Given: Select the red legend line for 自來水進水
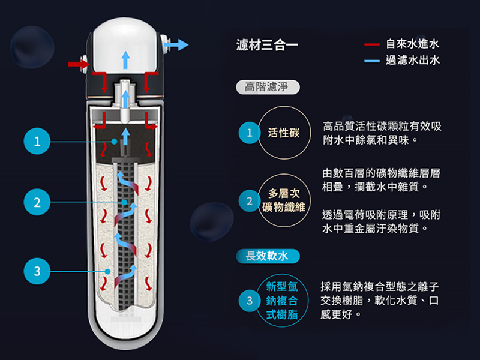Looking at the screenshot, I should coord(372,44).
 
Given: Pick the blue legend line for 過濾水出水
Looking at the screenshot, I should coord(372,60).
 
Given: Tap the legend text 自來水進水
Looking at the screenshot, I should coord(413,44).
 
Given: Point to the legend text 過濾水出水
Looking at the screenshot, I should coord(413,60).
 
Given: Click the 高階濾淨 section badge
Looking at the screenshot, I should coord(267,88).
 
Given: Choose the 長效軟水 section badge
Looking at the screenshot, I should coord(267,257).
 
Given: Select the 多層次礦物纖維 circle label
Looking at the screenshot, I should coord(284,200).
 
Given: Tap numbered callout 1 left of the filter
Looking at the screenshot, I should coord(37,142).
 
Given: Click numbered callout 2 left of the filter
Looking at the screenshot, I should coord(37,203).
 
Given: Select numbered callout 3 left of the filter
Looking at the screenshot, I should coord(37,271).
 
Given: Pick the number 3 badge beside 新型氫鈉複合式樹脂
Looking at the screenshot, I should coord(248,299).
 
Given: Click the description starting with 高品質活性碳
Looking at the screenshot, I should coord(382,133).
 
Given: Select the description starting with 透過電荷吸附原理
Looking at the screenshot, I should coord(382,221).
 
